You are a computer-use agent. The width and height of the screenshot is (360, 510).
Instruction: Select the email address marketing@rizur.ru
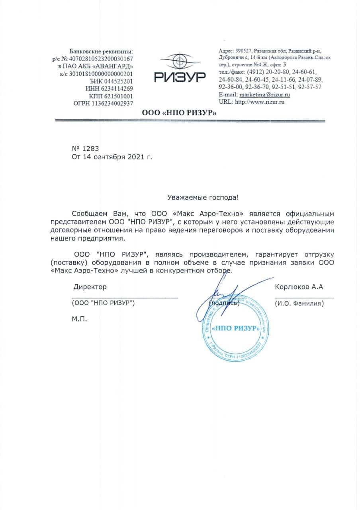[264, 94]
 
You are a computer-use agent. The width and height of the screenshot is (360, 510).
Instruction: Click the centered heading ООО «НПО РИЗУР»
[180, 113]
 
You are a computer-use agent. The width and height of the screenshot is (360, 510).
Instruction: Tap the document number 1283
[88, 149]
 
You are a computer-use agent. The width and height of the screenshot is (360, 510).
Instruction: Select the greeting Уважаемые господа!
[203, 197]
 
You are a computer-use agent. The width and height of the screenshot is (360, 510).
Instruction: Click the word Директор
[90, 287]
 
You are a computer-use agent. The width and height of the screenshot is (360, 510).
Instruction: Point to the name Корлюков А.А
[299, 287]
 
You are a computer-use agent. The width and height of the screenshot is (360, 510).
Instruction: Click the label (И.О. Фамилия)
[299, 304]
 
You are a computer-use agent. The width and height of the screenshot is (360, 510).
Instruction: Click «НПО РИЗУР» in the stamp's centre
[236, 329]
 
